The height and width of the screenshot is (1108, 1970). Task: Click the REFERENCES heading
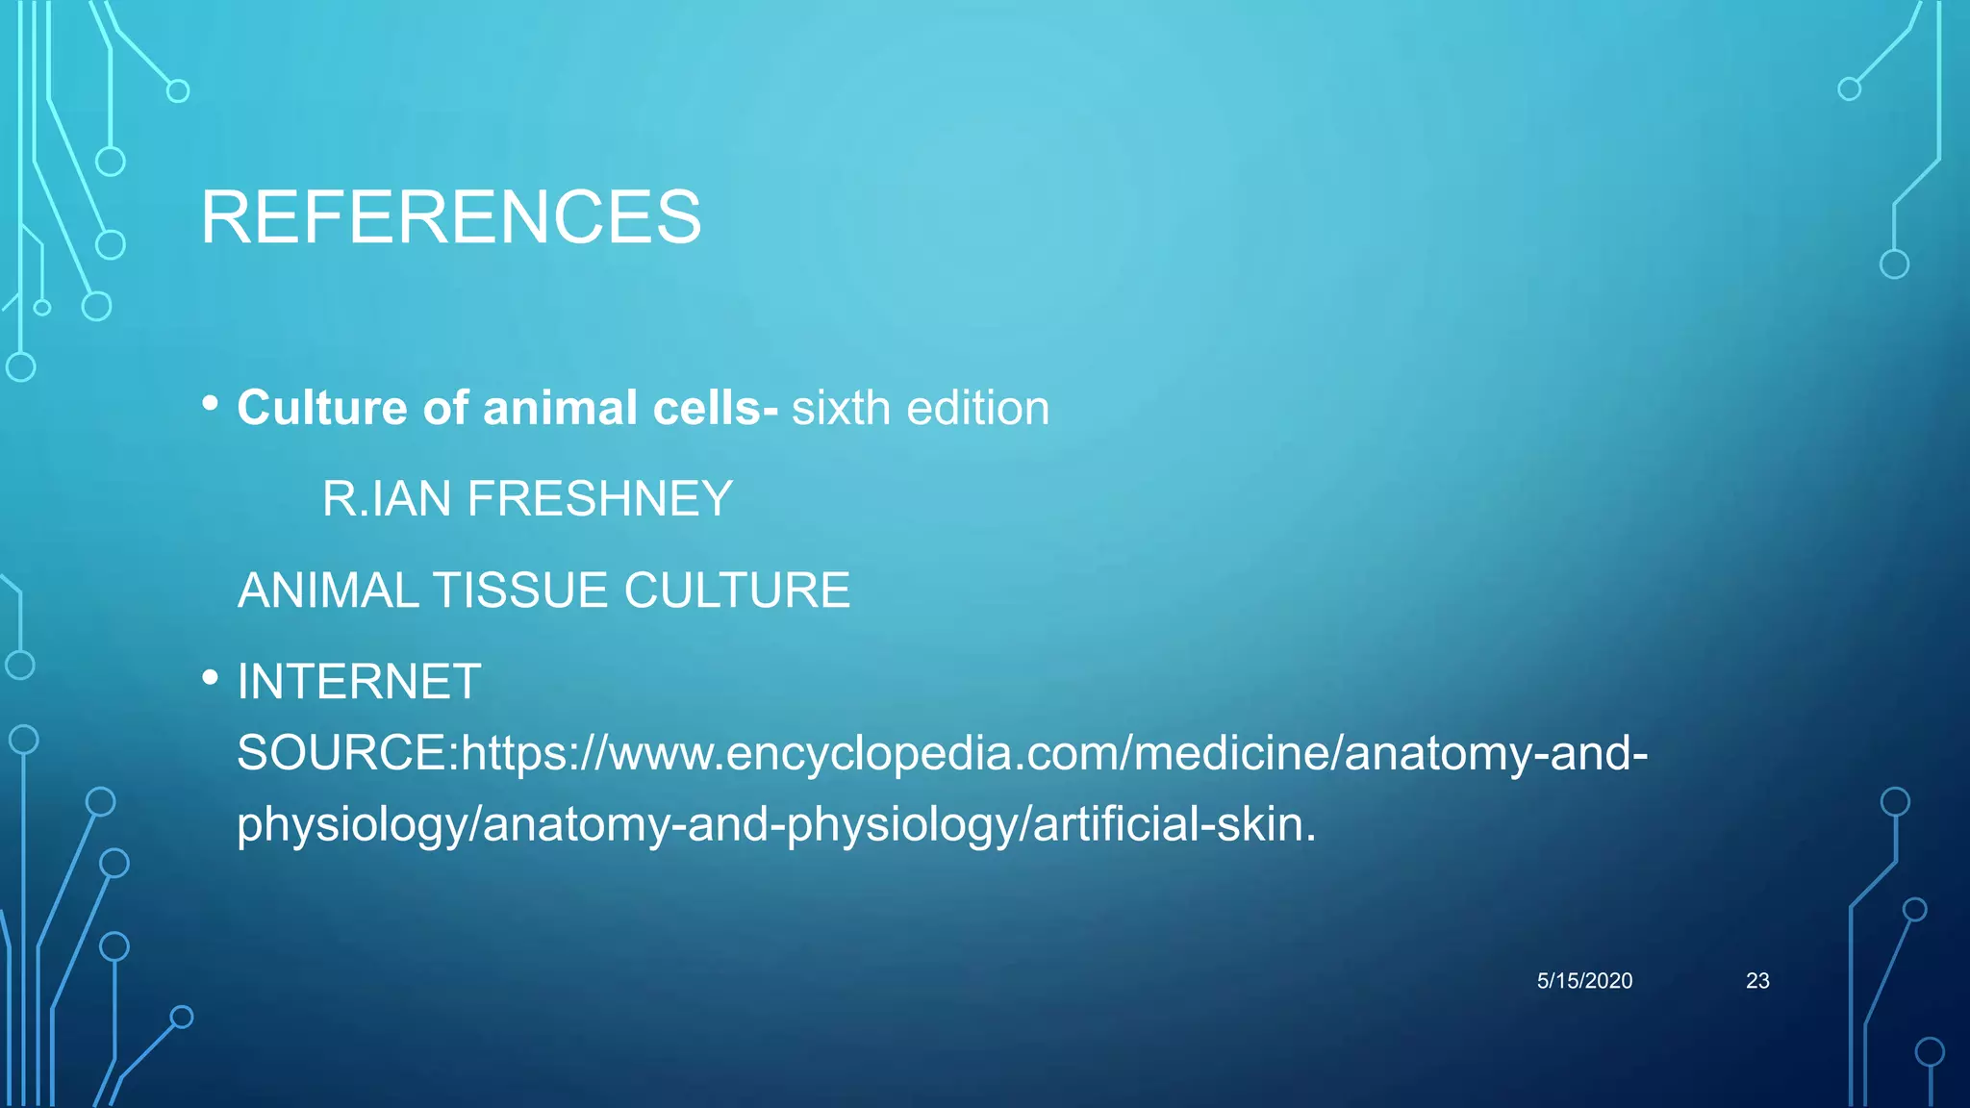(450, 217)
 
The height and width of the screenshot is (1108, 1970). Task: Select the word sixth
(841, 408)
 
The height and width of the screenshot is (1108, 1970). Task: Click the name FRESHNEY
(599, 498)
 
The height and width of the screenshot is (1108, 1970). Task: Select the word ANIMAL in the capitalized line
(328, 590)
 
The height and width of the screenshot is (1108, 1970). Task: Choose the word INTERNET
(359, 681)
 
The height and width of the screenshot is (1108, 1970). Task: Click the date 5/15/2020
(1584, 980)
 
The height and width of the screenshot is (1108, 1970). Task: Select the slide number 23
(1757, 980)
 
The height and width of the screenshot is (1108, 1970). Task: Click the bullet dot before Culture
(211, 404)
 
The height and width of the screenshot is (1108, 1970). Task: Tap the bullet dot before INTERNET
(211, 678)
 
